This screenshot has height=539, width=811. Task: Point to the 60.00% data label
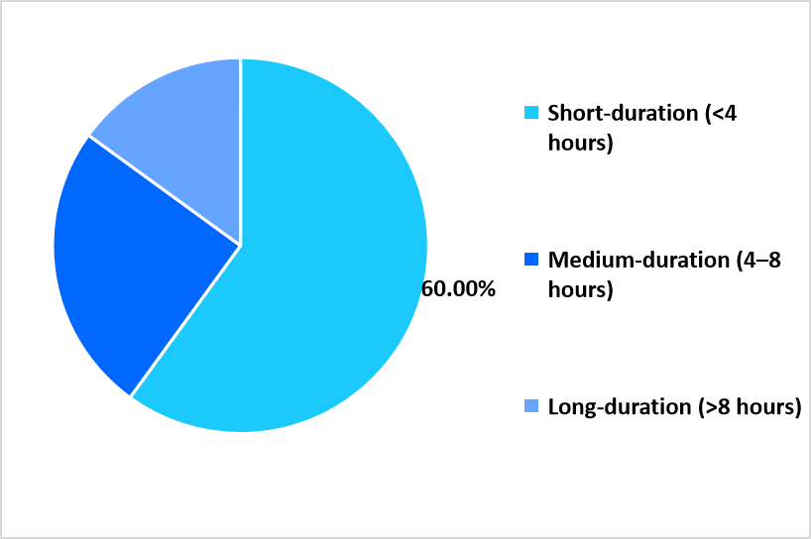point(458,289)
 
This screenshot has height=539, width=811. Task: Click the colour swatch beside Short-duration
point(531,113)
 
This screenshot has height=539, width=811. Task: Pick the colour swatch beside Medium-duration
point(531,260)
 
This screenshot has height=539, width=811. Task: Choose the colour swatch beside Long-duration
point(531,406)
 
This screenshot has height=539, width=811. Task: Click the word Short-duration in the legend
point(623,113)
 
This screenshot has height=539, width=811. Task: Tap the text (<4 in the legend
point(721,113)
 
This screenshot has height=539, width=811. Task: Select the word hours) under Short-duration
point(580,143)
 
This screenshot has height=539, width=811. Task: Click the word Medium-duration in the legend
point(638,260)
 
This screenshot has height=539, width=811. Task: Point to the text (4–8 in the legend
point(758,260)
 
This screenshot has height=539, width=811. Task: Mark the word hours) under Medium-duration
point(580,289)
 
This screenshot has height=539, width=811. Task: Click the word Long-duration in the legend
point(619,406)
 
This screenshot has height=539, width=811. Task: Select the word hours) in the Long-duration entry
point(769,406)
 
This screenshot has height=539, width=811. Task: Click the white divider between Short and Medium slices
point(185,321)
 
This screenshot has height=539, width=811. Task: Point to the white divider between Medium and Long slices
point(165,190)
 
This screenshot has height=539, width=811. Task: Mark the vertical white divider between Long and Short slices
point(240,152)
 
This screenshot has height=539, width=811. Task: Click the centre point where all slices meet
point(240,245)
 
